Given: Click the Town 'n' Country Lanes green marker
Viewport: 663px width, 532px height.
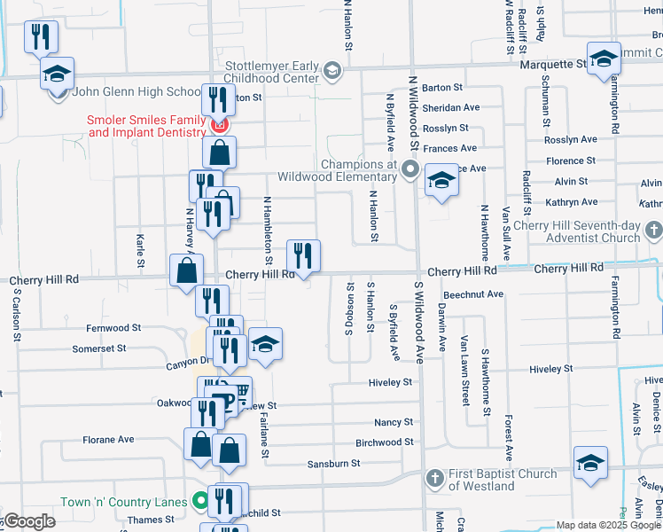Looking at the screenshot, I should click(200, 502).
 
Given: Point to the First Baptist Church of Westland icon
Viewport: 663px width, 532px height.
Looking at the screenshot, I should click(434, 479).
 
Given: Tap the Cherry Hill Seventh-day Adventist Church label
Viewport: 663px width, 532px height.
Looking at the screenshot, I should click(581, 231).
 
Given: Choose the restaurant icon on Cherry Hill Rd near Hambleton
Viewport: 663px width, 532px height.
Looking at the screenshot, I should click(303, 257).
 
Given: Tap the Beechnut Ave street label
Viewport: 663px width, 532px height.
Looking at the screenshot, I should click(473, 293).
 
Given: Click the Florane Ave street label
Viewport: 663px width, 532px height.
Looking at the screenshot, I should click(108, 439).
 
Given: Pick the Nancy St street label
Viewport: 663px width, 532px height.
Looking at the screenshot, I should click(394, 422).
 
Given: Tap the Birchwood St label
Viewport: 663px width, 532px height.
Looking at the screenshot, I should click(384, 442).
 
